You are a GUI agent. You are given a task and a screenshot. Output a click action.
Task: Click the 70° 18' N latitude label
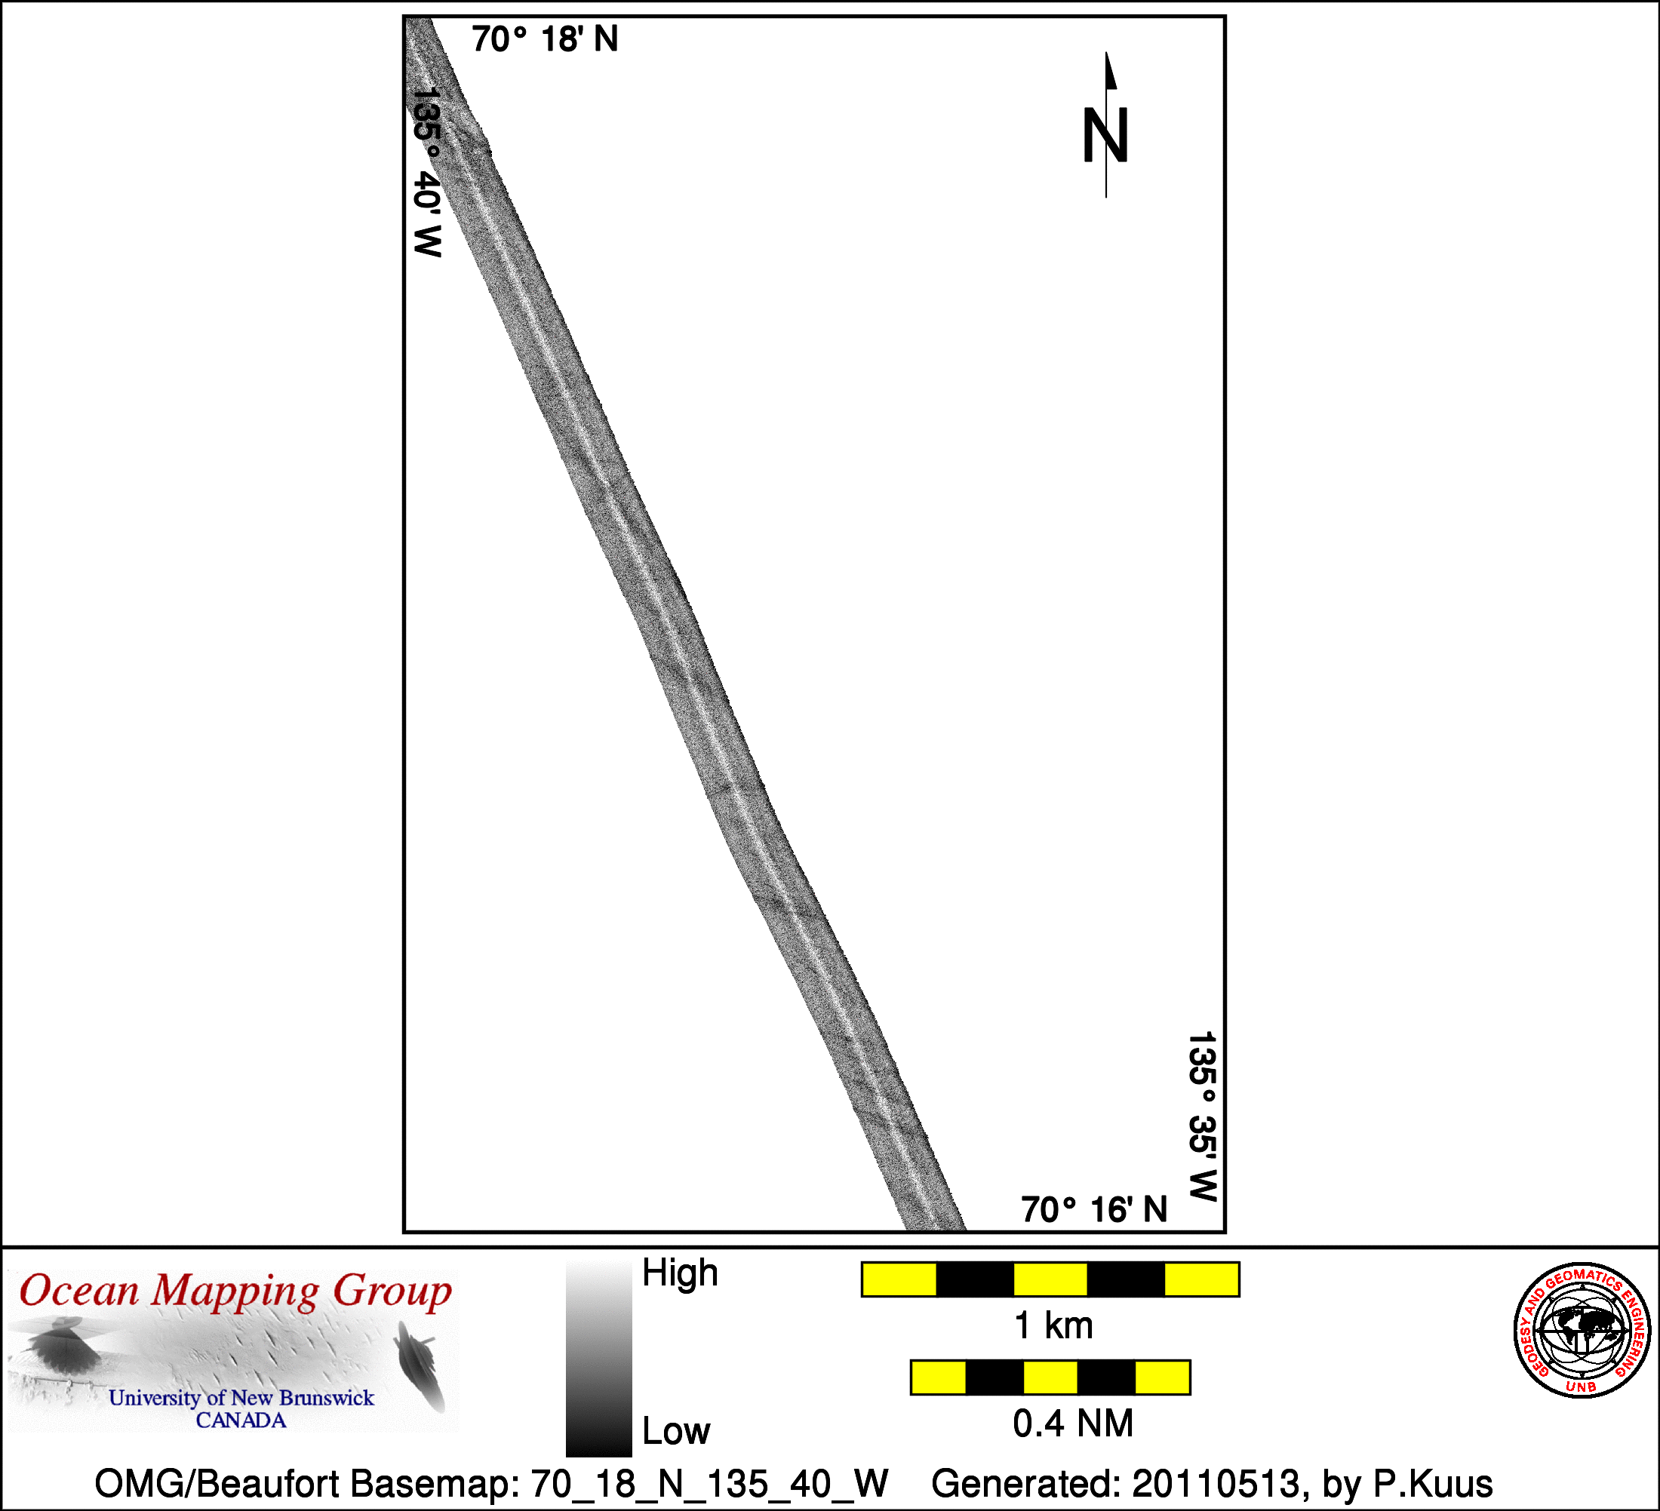[x=545, y=38]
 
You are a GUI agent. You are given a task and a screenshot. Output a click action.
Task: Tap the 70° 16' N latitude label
[x=1094, y=1209]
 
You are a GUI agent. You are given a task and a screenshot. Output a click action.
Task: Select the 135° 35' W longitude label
[x=1202, y=1116]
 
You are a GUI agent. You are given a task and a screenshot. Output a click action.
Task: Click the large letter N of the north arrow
[x=1105, y=135]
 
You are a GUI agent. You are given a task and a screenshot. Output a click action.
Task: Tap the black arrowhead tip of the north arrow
[x=1107, y=54]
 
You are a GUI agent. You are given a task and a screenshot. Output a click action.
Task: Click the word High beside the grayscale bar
[x=680, y=1272]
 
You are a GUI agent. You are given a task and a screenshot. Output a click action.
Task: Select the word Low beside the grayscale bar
[x=676, y=1430]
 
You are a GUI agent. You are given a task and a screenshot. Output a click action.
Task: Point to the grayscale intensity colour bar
[x=598, y=1359]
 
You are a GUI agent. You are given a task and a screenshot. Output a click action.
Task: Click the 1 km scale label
[x=1054, y=1325]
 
